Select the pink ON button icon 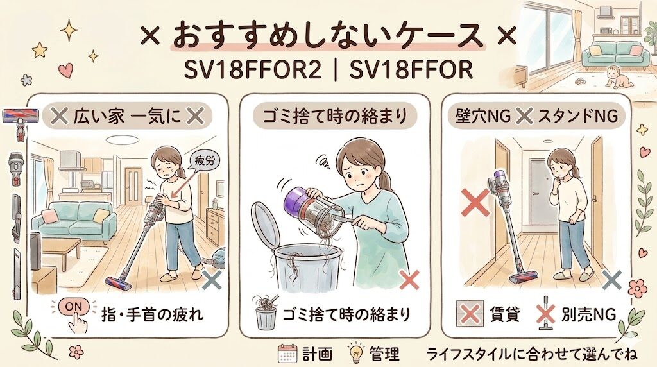(74, 307)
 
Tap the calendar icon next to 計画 (286, 354)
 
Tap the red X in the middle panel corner (409, 279)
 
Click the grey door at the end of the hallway (540, 191)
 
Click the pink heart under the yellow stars (65, 69)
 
